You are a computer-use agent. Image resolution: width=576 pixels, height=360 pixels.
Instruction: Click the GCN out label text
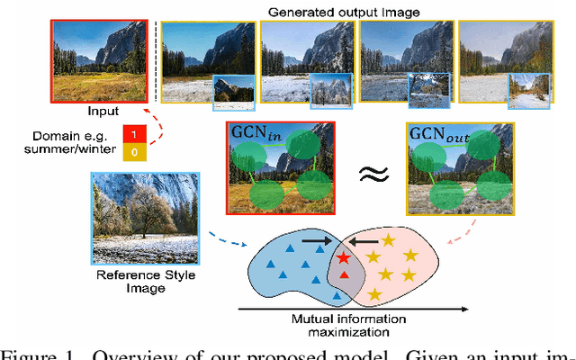pos(437,132)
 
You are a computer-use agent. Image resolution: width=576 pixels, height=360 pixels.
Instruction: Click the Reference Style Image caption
pos(132,281)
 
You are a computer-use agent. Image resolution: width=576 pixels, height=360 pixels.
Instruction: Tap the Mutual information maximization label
pos(347,324)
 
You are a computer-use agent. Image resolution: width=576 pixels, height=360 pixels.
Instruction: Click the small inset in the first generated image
pos(233,92)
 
